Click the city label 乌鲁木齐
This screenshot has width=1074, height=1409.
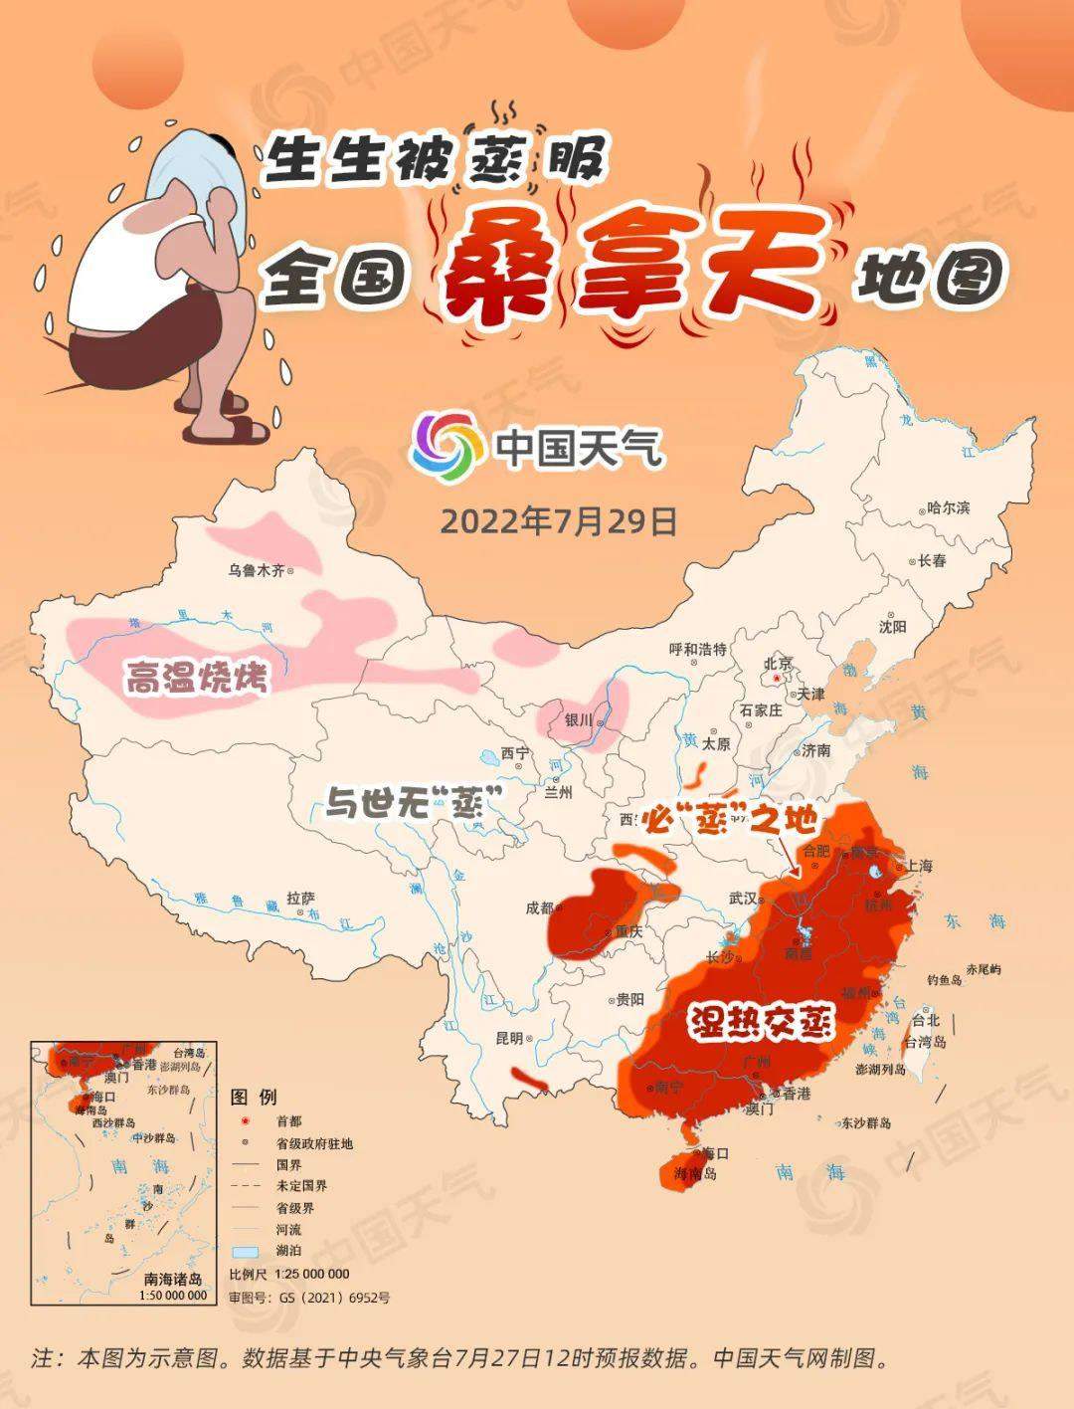(x=256, y=571)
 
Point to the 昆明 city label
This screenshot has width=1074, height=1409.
(x=508, y=1039)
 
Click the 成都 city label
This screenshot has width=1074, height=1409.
(x=539, y=907)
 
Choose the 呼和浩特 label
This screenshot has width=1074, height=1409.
(x=698, y=650)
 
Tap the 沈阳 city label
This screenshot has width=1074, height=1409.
(x=892, y=627)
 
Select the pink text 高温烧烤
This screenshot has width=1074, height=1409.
(x=196, y=680)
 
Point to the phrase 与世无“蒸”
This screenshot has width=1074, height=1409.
(x=412, y=801)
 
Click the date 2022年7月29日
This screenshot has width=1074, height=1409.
(x=558, y=521)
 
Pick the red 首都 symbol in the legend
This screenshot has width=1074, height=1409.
(x=242, y=1121)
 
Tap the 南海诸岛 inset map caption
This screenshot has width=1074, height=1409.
(x=173, y=1279)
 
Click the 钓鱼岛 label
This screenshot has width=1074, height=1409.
(x=943, y=980)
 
